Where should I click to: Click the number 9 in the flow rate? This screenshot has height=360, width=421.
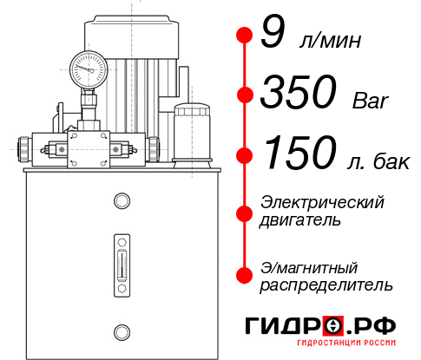click(x=272, y=35)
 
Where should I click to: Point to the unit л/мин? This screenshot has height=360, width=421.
click(x=328, y=40)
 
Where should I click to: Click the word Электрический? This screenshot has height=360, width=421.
click(x=322, y=202)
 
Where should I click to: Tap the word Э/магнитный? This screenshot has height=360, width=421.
click(x=309, y=266)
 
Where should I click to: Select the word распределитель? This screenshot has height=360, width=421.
click(x=326, y=285)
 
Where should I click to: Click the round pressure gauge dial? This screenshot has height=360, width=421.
click(x=89, y=66)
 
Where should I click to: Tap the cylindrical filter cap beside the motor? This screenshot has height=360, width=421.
click(x=191, y=113)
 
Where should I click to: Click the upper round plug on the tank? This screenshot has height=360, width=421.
click(x=122, y=202)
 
